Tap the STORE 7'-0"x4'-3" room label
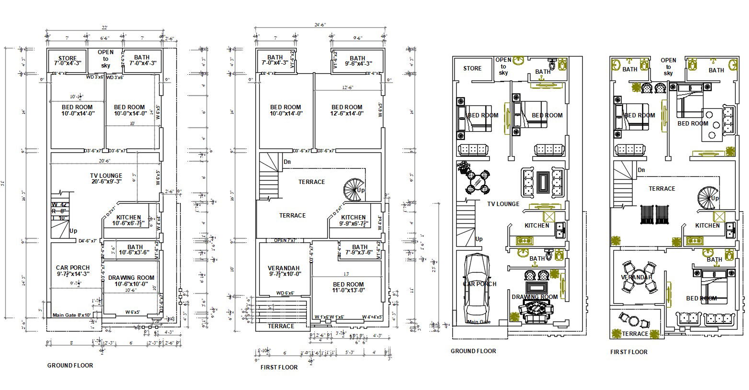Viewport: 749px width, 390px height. (68, 61)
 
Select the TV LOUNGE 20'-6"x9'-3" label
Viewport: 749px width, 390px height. (106, 179)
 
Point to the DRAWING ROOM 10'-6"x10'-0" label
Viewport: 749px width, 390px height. (131, 281)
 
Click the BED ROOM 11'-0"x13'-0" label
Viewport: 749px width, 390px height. (348, 287)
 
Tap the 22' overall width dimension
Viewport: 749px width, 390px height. (104, 27)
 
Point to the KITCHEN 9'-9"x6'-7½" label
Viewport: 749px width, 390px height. (354, 220)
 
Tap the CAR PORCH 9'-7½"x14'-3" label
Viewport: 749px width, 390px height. (72, 271)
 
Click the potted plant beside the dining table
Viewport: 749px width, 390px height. (463, 167)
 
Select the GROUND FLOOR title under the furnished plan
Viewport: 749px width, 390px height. (473, 351)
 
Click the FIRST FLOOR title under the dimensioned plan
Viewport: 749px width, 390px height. (278, 367)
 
